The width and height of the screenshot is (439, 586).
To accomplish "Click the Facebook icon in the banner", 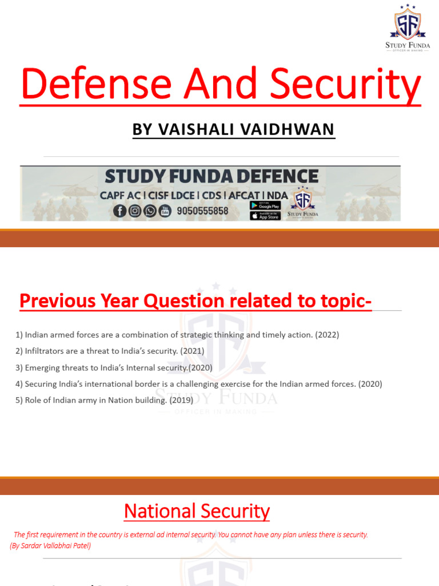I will pos(120,211).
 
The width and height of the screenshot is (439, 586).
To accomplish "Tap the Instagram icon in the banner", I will pos(135,211).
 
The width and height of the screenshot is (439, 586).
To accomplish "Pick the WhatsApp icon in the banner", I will pos(150,211).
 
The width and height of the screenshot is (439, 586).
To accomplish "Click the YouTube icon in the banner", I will pos(165,211).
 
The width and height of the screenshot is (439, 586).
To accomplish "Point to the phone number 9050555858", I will pos(203,211).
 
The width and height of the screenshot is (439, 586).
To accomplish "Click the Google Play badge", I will pos(265,205).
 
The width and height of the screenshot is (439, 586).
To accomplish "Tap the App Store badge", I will pos(265,216).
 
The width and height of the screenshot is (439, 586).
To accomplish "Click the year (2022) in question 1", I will pos(327,335).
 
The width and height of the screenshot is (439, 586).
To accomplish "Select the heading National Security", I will pos(197,511).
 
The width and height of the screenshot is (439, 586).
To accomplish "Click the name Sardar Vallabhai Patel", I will pos(56,546).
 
